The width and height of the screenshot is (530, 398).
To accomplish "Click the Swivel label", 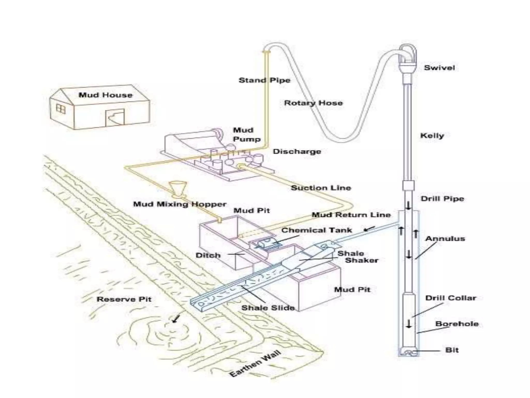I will tap(439, 68).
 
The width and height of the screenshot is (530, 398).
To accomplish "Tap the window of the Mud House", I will tap(61, 109).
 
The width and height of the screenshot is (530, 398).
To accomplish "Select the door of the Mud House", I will tap(115, 118).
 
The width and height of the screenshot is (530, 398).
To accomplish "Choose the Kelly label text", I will tap(432, 136).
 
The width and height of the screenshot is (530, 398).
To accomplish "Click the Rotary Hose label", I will tap(313, 103).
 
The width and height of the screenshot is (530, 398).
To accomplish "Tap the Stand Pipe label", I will tap(264, 80).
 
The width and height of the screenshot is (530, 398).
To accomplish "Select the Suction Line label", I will tap(321, 188).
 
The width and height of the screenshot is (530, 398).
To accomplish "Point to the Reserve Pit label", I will tap(124, 299).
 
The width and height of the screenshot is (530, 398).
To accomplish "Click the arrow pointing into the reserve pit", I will tap(176, 318).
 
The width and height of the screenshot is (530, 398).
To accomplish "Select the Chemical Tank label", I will tap(316, 230).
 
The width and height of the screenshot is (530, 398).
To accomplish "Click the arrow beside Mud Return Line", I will tap(369, 229).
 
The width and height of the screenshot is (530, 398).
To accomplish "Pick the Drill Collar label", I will tap(451, 298).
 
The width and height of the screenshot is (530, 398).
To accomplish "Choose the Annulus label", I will tap(445, 239).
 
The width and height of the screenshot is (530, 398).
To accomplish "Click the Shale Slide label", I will tap(268, 308).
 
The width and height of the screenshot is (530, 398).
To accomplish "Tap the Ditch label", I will tap(208, 255).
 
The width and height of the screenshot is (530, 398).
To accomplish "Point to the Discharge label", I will tap(297, 152).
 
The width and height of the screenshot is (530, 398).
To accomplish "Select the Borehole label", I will tap(457, 324).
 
